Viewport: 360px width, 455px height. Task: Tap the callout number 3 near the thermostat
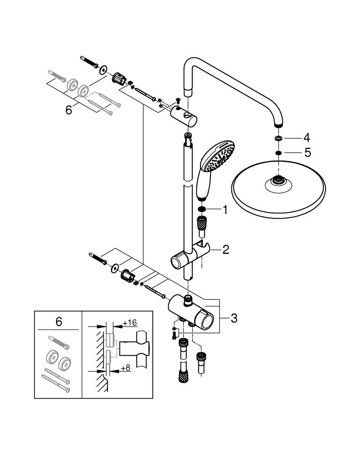click(234, 318)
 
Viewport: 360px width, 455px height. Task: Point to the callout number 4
click(307, 137)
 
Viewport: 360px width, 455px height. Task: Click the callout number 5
click(307, 153)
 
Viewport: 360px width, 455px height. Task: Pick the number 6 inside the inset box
click(58, 322)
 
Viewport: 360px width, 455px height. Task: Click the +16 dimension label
click(130, 323)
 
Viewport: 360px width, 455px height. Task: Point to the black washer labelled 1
click(202, 210)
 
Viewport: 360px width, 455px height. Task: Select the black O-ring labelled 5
click(278, 153)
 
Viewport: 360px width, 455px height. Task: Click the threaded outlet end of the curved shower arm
click(278, 124)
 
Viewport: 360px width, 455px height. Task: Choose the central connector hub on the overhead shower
click(278, 180)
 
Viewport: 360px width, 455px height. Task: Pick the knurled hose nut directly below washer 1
click(202, 224)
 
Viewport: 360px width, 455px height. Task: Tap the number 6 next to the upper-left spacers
click(69, 111)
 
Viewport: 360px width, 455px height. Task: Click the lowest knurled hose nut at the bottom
click(182, 377)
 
